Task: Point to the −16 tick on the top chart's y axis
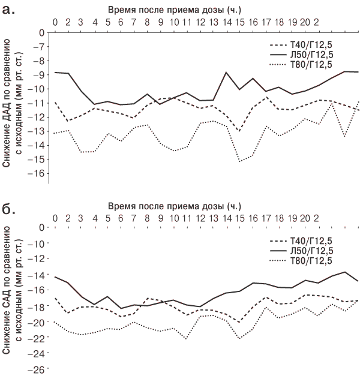(36, 173)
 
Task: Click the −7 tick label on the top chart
(38, 47)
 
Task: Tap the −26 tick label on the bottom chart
(36, 370)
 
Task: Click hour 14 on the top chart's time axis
(227, 22)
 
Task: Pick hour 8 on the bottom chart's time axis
(147, 218)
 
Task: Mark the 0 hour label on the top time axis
(55, 22)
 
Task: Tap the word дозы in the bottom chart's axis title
(211, 206)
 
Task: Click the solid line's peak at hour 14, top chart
(226, 72)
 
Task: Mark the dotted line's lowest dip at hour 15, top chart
(239, 161)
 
